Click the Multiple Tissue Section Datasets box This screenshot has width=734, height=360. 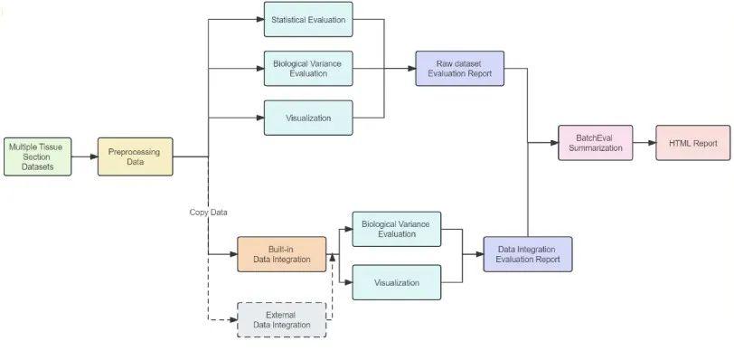point(37,156)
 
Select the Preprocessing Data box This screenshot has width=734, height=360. point(135,156)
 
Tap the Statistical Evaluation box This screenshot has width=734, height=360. point(308,19)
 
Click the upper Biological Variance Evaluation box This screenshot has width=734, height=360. point(308,68)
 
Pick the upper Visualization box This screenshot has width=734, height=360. point(308,118)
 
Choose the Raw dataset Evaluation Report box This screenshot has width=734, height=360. point(459,68)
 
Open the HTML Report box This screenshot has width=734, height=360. point(692,142)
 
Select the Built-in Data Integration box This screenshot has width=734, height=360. point(281,254)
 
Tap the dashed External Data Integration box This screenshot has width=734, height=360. point(281,319)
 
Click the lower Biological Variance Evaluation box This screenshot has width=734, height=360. point(396,229)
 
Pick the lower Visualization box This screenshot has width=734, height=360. point(396,282)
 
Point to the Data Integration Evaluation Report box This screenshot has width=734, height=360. point(528,254)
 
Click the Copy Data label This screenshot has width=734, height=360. point(208,213)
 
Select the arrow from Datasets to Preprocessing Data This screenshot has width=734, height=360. point(84,156)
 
